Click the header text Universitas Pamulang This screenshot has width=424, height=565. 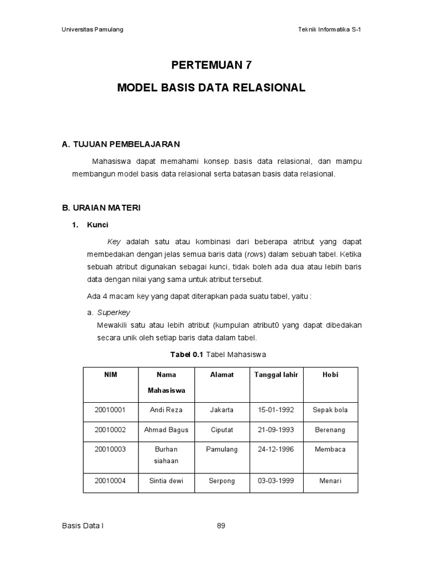(x=92, y=30)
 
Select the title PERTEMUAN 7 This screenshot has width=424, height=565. (x=211, y=65)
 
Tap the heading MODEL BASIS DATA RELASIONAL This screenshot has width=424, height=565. (x=211, y=88)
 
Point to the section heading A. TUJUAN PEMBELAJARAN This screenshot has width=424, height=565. (x=121, y=145)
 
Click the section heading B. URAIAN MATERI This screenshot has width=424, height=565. (x=101, y=208)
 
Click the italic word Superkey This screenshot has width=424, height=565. (x=113, y=312)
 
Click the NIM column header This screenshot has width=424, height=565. (x=110, y=375)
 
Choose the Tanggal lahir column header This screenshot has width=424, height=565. (x=276, y=375)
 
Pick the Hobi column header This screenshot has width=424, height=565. (x=330, y=375)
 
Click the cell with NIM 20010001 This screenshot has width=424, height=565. (x=110, y=410)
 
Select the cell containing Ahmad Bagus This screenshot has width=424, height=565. (x=166, y=430)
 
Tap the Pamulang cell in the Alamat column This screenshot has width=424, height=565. (x=221, y=449)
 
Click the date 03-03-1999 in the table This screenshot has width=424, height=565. (x=276, y=481)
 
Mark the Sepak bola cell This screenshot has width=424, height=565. (x=330, y=410)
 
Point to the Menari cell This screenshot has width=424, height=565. (x=330, y=481)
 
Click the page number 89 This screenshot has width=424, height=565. (x=221, y=526)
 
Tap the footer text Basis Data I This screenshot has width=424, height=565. (x=83, y=526)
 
